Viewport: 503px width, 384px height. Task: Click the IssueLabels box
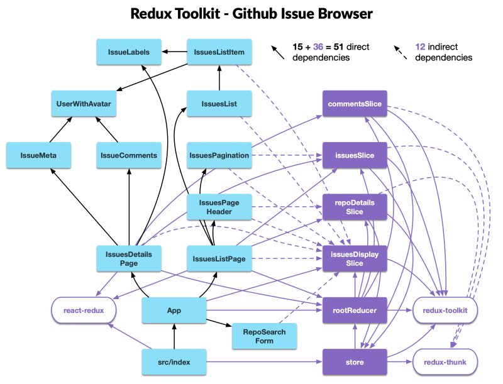[x=128, y=52]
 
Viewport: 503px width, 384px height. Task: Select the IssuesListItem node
[x=219, y=52]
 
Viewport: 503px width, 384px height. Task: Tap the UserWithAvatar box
[x=84, y=104]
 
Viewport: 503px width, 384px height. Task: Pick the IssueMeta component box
[x=38, y=155]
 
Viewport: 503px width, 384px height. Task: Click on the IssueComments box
[x=129, y=155]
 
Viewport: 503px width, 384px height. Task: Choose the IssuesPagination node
[x=219, y=155]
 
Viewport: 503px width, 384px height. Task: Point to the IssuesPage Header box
[x=219, y=207]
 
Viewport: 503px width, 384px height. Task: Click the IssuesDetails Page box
[x=129, y=258]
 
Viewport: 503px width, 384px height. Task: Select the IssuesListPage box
[x=219, y=258]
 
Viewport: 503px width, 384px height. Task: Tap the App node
[x=174, y=310]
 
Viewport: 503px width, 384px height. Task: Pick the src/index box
[x=174, y=362]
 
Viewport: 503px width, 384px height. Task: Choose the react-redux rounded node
[x=84, y=310]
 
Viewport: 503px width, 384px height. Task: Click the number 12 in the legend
[x=421, y=47]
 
